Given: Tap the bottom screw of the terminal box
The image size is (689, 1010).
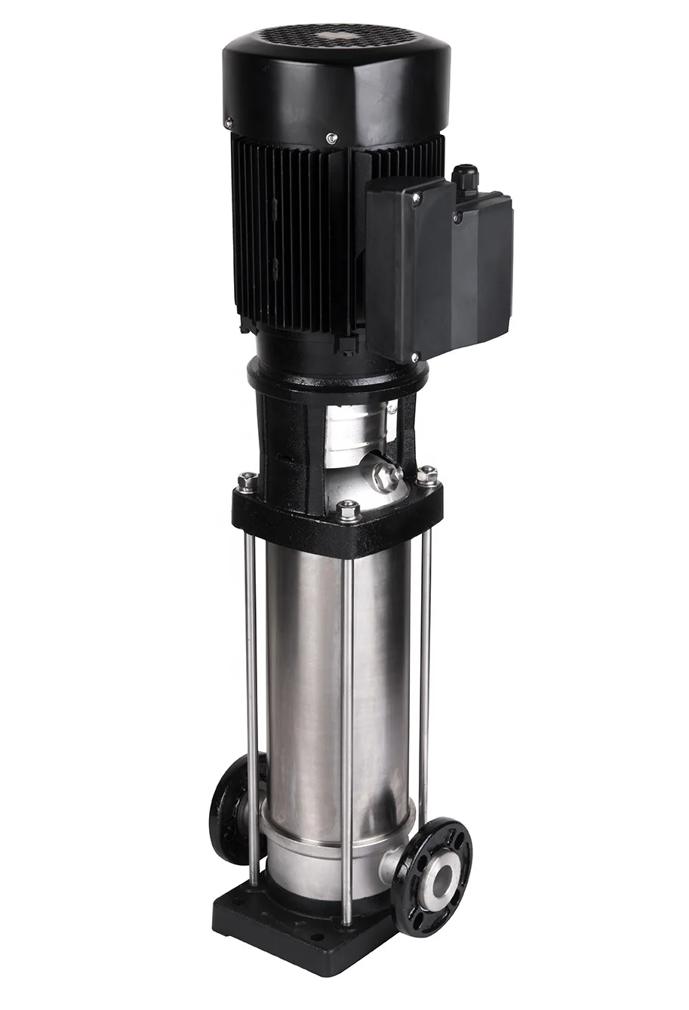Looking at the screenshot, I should [415, 356].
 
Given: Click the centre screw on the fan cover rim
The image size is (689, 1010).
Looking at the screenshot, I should [331, 137].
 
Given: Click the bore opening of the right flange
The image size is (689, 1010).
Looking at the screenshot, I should [439, 876].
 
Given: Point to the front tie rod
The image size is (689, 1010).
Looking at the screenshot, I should [347, 725].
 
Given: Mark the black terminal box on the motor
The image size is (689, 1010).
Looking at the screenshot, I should [438, 264].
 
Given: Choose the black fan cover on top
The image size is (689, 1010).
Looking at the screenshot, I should [336, 79].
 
